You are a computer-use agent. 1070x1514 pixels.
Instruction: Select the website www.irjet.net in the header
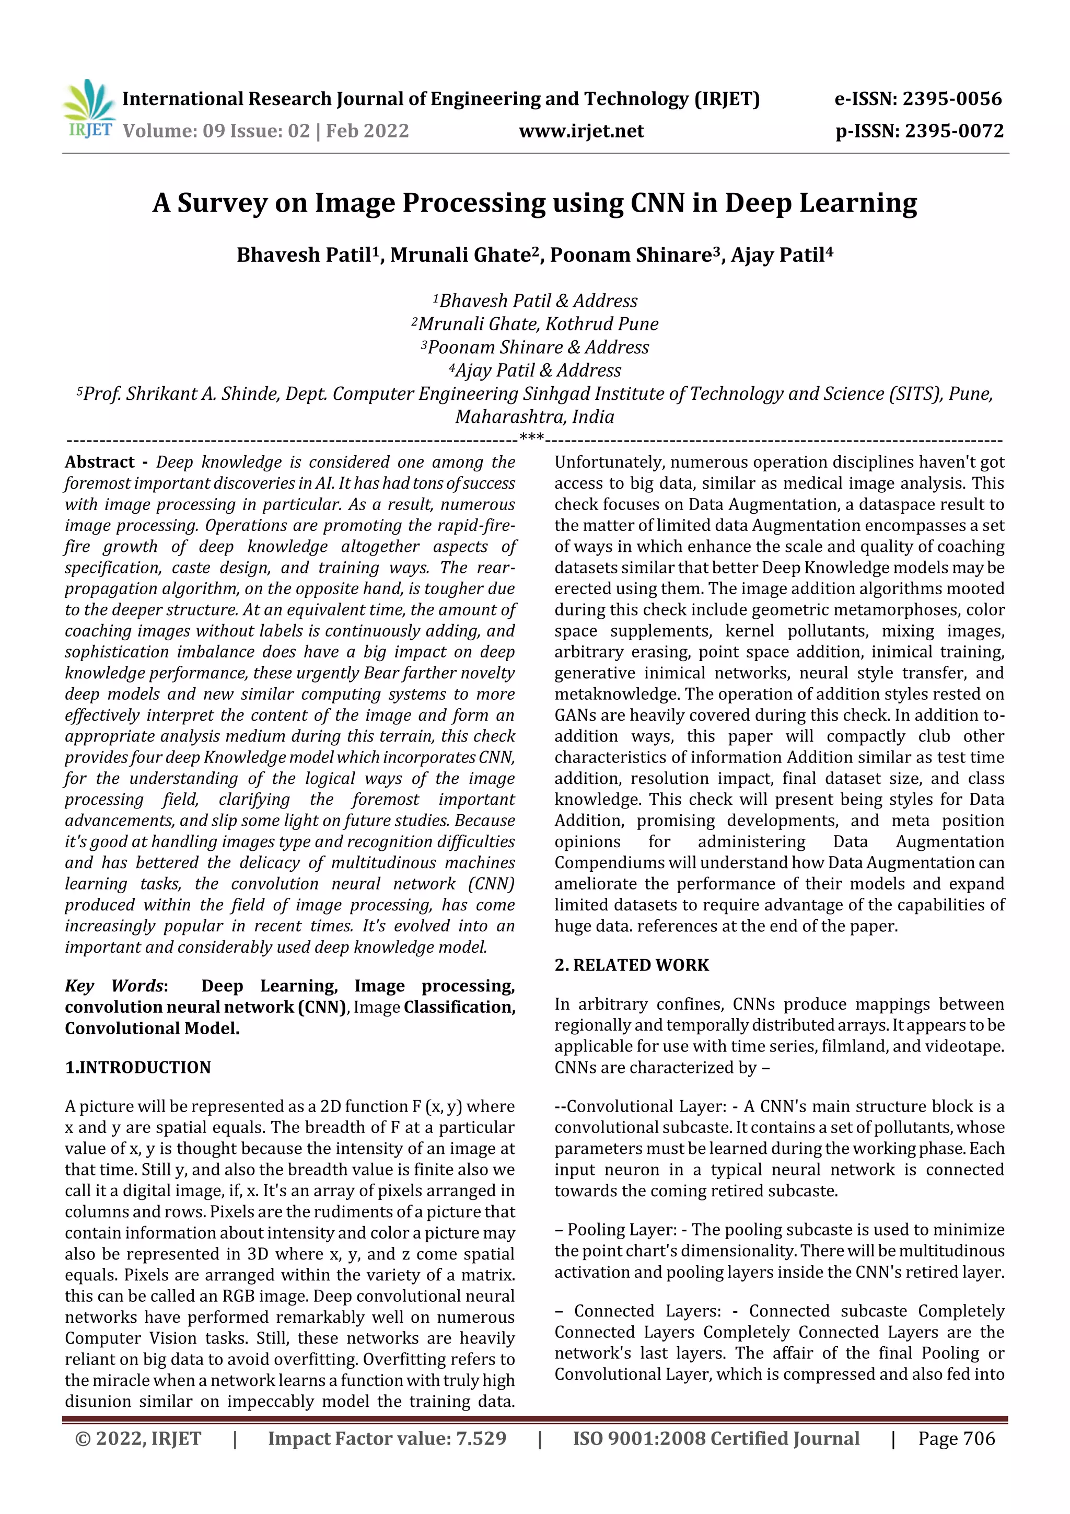click(581, 131)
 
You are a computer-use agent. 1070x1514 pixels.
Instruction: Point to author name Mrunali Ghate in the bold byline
click(460, 255)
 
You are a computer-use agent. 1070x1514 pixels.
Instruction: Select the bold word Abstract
click(100, 462)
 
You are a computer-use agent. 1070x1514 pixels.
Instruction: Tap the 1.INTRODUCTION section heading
click(138, 1067)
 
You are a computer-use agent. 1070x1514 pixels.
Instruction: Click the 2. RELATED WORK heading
click(631, 965)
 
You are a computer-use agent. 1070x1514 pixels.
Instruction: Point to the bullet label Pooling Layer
click(622, 1230)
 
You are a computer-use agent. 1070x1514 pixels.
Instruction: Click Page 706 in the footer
click(956, 1438)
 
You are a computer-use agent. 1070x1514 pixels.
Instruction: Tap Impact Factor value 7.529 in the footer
click(387, 1438)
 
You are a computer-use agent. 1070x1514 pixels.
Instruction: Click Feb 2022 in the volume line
click(367, 131)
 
